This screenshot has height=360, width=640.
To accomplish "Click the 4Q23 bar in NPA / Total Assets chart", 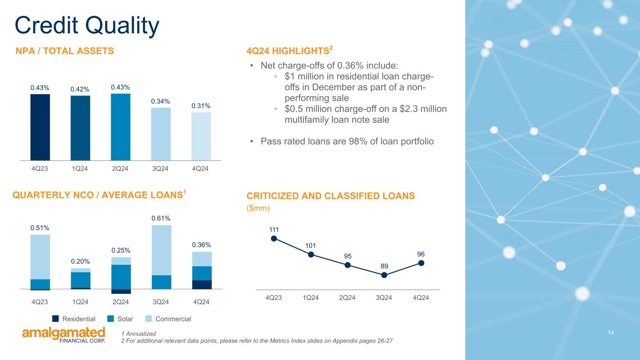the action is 40,127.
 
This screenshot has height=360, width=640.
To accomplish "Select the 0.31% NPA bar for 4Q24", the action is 201,136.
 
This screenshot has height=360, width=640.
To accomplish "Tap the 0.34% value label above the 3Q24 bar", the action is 160,101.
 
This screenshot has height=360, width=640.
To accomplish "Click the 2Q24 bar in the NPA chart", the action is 120,127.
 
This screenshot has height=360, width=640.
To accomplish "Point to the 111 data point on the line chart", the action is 274,239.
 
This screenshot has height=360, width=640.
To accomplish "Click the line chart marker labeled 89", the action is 384,275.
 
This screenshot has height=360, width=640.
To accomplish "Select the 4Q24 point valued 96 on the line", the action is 421,263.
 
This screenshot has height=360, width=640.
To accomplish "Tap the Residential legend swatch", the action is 56,319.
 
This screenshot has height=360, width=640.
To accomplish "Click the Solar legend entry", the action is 120,319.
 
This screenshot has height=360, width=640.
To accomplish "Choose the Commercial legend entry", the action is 168,319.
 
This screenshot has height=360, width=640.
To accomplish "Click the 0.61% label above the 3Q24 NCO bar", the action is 161,218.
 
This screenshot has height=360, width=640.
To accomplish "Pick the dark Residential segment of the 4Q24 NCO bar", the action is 202,285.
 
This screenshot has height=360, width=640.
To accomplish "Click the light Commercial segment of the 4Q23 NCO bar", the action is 40,257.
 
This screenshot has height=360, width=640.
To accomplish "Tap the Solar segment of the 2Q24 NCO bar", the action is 121,277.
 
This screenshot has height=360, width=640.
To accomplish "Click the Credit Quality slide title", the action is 87,26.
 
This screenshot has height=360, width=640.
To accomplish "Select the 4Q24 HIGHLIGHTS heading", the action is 289,51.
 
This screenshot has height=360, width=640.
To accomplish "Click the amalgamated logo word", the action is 64,333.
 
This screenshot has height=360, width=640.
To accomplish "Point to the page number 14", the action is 610,332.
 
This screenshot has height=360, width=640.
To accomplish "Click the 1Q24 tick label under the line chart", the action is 310,298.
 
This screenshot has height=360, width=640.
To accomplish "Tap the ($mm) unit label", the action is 258,208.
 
